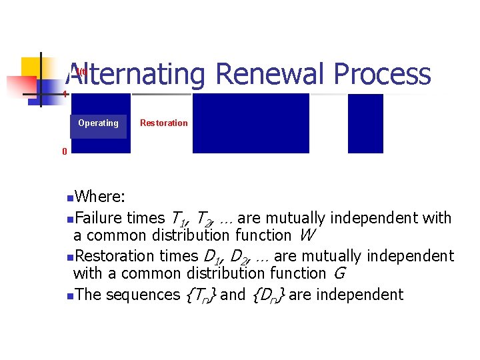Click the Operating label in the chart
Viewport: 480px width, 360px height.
tap(98, 123)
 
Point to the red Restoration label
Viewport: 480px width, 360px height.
tap(163, 123)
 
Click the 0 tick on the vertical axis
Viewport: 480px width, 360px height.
tap(65, 152)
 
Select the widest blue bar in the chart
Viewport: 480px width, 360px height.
tap(251, 123)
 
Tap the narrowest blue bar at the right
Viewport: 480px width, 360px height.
tap(365, 123)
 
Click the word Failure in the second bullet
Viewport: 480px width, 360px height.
tap(100, 218)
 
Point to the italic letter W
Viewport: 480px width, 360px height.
tap(307, 235)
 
